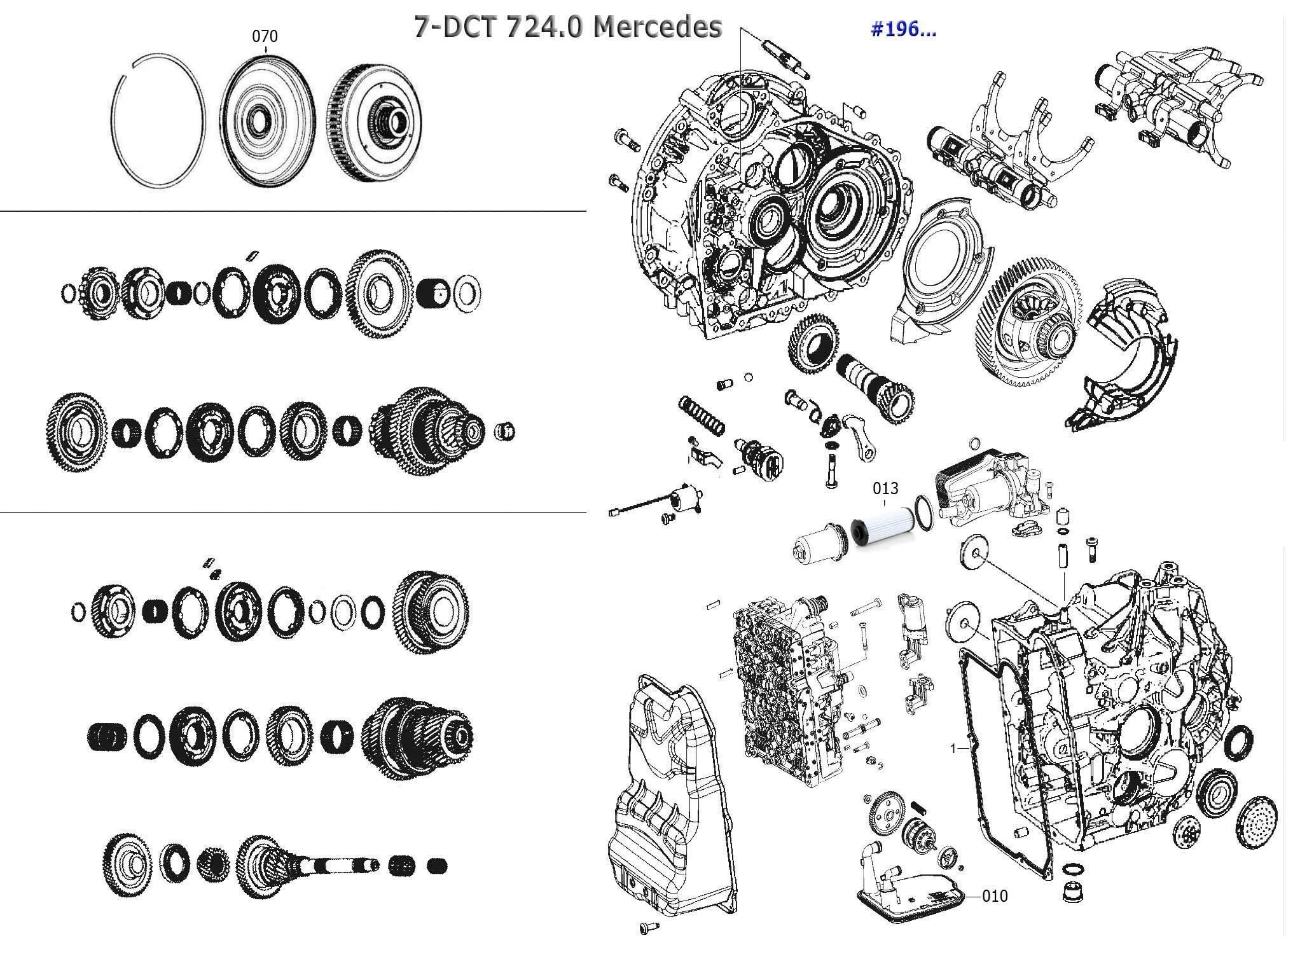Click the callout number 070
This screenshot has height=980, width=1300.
coord(265,36)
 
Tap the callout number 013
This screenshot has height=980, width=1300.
coord(885,488)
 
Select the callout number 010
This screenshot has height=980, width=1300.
coord(995,896)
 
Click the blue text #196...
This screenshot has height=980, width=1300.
coord(903,29)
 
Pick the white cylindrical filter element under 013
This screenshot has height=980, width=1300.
coord(882,528)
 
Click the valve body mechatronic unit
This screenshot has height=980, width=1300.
coord(789,693)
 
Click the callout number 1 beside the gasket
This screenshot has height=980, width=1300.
coord(953,749)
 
